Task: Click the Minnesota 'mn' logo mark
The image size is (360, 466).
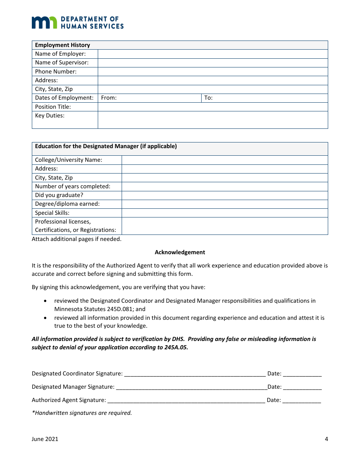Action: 44,22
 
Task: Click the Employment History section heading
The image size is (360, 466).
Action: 63,45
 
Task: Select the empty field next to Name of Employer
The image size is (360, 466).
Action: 213,54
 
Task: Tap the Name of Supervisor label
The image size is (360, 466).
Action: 62,63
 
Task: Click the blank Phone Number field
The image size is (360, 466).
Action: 213,72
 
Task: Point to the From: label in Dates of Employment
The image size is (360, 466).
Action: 109,98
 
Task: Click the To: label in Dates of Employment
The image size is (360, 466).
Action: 208,98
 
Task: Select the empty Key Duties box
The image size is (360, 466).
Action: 213,120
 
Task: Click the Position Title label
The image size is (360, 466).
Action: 53,107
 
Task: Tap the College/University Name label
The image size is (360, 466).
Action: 69,160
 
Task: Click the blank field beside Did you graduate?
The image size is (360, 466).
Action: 224,195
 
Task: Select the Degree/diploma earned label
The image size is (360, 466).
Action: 67,204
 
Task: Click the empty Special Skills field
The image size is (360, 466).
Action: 224,213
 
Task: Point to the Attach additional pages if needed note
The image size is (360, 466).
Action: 77,239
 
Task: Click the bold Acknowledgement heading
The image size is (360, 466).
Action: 180,252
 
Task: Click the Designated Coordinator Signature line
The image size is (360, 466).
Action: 195,373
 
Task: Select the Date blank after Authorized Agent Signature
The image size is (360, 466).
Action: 302,400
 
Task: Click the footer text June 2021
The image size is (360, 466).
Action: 45,439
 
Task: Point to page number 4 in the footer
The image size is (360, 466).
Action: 326,439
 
